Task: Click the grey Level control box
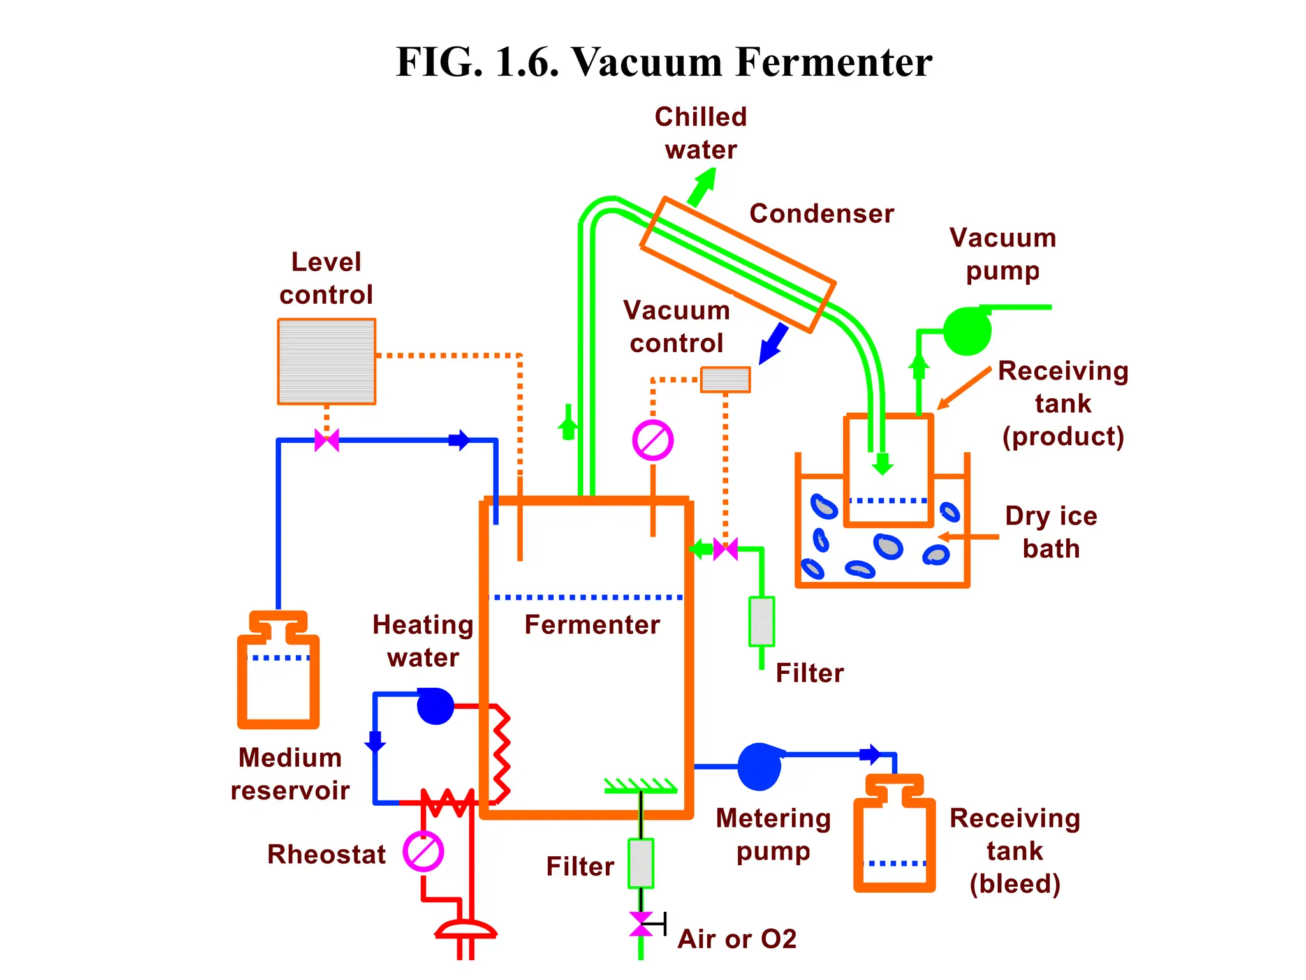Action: click(326, 361)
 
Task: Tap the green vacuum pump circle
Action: click(967, 331)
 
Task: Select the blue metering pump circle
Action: click(759, 767)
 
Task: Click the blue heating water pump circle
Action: click(436, 706)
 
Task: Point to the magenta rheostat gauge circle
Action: click(423, 851)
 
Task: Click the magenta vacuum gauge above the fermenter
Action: click(652, 440)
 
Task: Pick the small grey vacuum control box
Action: click(725, 380)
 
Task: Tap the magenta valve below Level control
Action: click(326, 440)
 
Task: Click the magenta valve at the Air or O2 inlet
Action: click(641, 924)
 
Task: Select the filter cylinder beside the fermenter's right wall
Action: click(761, 621)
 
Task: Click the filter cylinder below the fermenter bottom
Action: click(641, 863)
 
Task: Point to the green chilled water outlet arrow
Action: click(703, 186)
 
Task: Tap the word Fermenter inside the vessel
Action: click(592, 625)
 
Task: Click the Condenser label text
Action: click(821, 214)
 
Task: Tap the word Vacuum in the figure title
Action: click(647, 63)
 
